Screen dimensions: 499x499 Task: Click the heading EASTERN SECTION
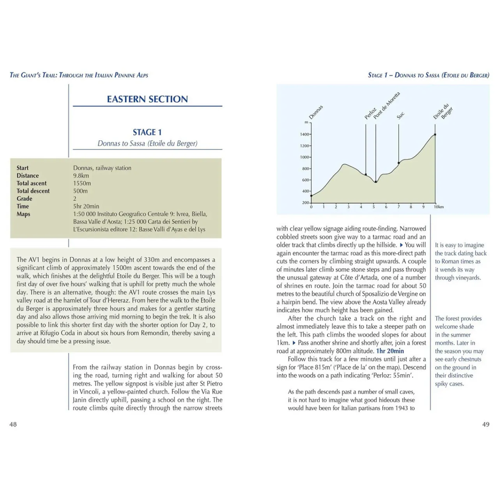147,99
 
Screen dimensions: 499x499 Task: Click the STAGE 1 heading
147,132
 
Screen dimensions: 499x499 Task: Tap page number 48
13,425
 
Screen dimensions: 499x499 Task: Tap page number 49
486,425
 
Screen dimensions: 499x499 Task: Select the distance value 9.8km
81,176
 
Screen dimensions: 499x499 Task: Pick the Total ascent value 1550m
82,183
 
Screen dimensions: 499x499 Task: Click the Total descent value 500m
80,191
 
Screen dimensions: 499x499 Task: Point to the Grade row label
24,199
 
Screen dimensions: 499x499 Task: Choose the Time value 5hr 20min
86,206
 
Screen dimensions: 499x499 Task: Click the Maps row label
23,214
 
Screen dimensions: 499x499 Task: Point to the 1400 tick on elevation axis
304,134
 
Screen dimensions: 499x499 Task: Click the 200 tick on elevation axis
305,203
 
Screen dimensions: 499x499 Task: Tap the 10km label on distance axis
439,207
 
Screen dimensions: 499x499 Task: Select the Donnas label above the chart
316,112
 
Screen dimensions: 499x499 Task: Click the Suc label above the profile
400,115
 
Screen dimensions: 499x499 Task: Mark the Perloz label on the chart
370,113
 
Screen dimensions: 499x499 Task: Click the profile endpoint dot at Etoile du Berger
435,134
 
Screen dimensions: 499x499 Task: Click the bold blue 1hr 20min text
390,351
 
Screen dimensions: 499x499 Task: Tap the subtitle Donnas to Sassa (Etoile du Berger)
147,143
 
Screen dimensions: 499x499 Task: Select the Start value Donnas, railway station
102,168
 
